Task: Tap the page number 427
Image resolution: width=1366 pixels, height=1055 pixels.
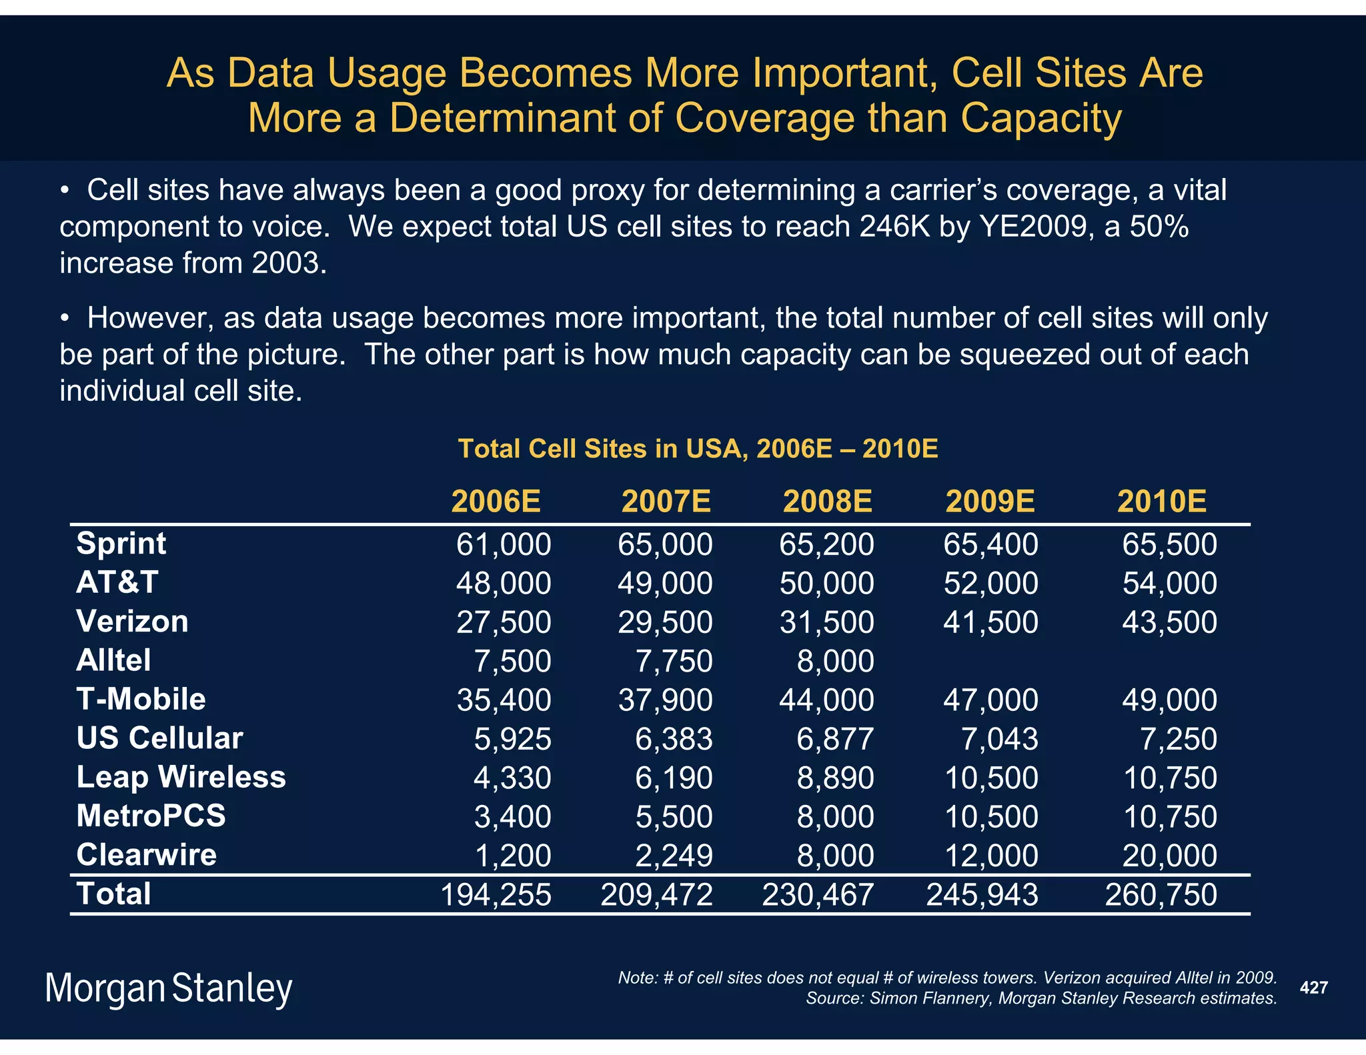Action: [x=1313, y=988]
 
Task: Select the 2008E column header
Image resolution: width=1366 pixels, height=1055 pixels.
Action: [x=827, y=501]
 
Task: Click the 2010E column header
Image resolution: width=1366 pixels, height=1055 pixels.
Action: [x=1161, y=501]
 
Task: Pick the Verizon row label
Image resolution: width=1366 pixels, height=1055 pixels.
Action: [x=132, y=622]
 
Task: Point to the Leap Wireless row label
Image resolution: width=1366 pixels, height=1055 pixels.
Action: [x=181, y=777]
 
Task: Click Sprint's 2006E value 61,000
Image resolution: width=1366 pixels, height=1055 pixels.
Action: [x=504, y=545]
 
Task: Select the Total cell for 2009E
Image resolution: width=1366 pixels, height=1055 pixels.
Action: [x=982, y=895]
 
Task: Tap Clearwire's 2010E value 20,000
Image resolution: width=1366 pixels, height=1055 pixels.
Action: [x=1169, y=856]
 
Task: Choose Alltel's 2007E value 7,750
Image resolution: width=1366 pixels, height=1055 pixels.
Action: [x=674, y=662]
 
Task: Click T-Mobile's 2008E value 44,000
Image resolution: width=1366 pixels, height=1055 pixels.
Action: [x=826, y=700]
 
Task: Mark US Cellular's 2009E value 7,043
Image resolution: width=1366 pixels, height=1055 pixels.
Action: [x=999, y=739]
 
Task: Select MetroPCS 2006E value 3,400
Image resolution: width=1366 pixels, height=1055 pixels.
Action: [x=512, y=817]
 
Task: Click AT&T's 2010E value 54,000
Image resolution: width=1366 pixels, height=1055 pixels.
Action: [x=1169, y=584]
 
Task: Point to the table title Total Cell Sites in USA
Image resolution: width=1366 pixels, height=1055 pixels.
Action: [x=698, y=449]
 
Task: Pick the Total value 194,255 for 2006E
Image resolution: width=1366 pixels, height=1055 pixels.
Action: [x=496, y=895]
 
